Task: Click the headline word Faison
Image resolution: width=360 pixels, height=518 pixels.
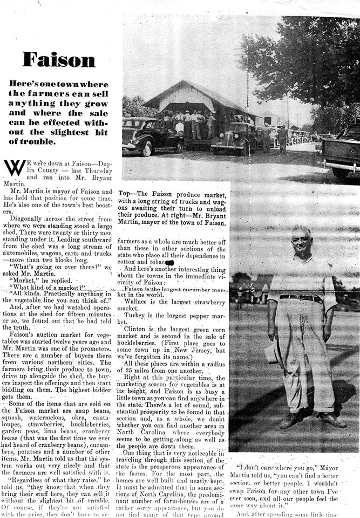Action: point(59,59)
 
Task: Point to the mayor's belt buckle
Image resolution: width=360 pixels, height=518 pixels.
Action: point(300,297)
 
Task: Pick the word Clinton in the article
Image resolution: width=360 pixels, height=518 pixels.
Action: point(138,328)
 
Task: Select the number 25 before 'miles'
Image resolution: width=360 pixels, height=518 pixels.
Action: point(128,372)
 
